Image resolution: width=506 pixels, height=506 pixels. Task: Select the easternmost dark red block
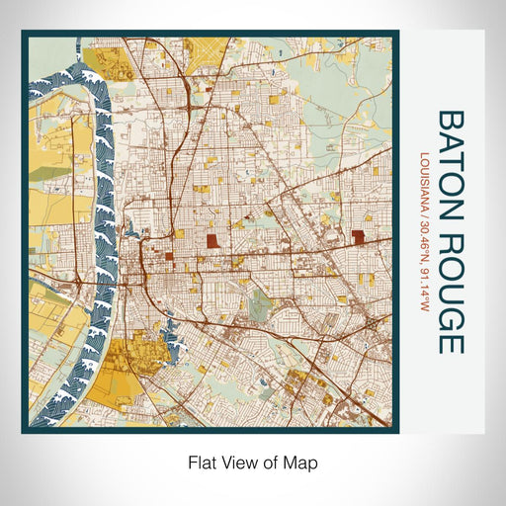(357, 236)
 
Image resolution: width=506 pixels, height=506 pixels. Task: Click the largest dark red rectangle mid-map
(212, 241)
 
